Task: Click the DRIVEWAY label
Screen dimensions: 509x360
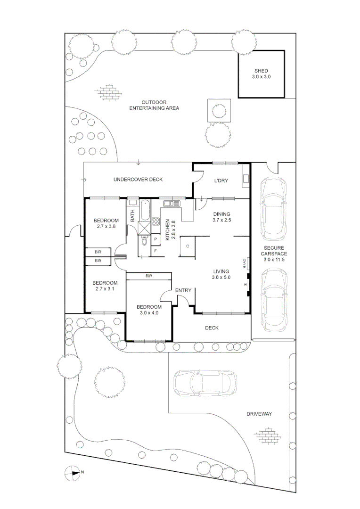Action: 259,414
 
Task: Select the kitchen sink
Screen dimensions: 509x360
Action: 172,204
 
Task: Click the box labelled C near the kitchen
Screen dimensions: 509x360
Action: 187,246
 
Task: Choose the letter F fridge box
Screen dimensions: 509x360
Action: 156,251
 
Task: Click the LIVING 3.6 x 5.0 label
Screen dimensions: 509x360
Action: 221,274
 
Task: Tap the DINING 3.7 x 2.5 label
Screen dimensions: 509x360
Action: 221,217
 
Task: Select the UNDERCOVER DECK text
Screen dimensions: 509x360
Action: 138,180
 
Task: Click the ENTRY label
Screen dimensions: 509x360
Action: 183,290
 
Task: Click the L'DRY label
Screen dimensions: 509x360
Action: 221,181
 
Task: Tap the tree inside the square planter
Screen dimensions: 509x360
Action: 218,111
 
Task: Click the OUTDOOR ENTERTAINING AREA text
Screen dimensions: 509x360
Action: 154,105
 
